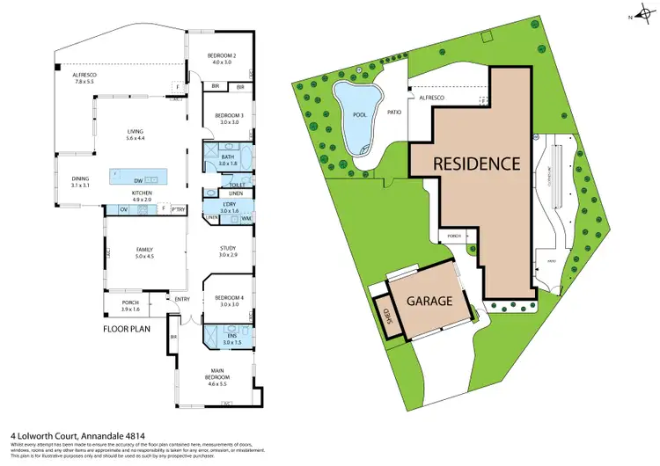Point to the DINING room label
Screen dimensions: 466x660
click(x=81, y=182)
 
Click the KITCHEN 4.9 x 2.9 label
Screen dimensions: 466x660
click(x=142, y=196)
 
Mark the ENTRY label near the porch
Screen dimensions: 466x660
click(x=182, y=299)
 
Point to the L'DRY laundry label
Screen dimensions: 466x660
click(x=229, y=208)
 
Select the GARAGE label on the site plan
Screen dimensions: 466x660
click(x=429, y=301)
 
